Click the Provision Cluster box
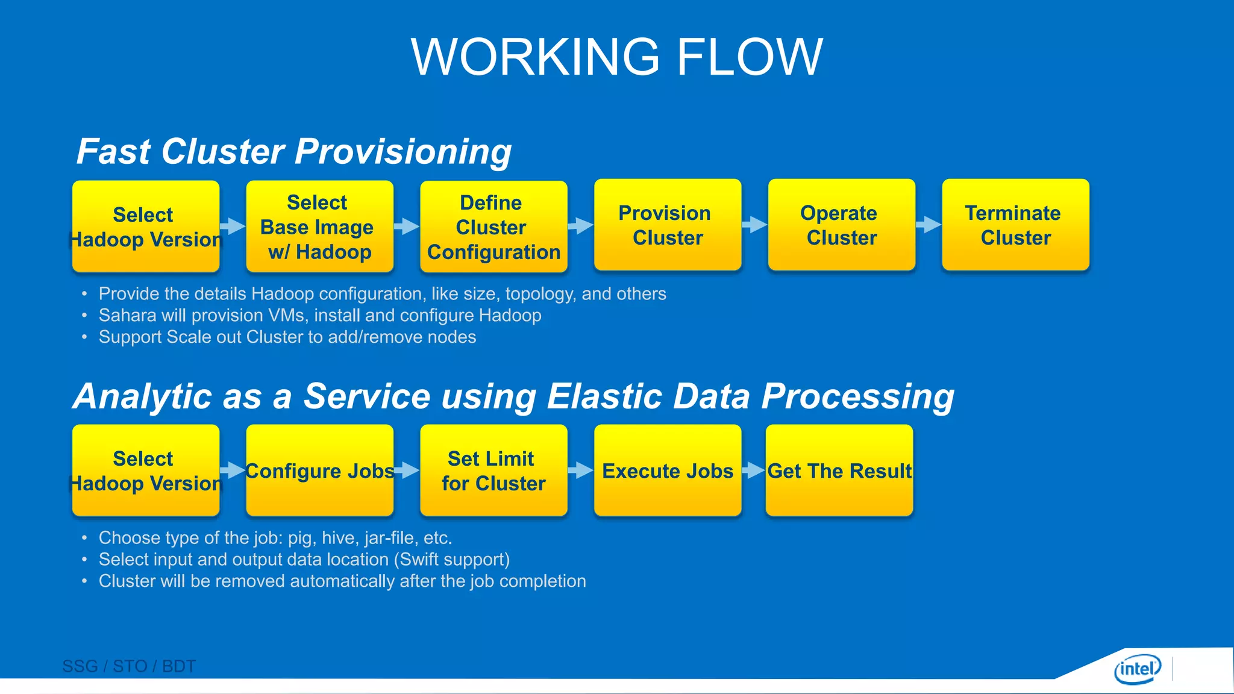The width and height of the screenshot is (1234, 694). pos(668,225)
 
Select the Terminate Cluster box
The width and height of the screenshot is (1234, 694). pos(1015,225)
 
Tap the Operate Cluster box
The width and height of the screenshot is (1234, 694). pos(841,225)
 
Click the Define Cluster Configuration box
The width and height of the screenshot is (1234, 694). pos(493,227)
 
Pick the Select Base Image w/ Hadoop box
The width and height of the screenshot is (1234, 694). pos(319,227)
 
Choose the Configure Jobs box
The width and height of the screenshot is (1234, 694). pos(319,470)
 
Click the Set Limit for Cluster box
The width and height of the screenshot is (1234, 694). pos(493,470)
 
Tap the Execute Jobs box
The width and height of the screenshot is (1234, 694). pos(668,470)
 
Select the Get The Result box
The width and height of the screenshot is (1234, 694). pos(839,470)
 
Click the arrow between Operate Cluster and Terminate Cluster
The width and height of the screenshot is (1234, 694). pos(929,225)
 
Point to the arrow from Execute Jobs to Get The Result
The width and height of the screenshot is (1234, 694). pos(753,470)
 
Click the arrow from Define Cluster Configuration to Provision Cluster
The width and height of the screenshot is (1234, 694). pos(580,226)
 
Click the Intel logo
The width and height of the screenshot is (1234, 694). pos(1138,669)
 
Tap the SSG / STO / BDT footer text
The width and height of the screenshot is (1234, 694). pos(129,666)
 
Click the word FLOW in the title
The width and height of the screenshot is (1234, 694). pos(750,57)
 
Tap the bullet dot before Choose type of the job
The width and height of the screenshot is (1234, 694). pos(84,538)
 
